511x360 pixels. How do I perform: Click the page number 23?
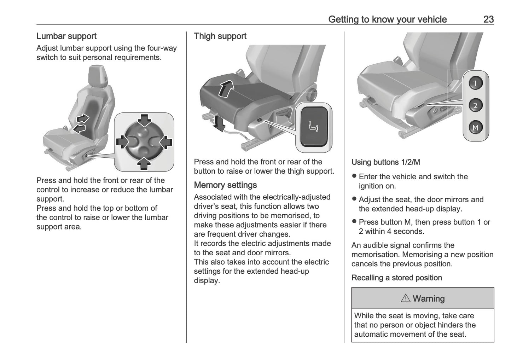(x=488, y=19)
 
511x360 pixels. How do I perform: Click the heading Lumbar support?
(x=66, y=36)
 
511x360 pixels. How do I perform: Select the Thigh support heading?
(x=220, y=36)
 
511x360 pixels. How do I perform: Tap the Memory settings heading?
(x=225, y=185)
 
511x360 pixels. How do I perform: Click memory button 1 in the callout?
(x=475, y=83)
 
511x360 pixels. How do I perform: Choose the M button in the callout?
(x=475, y=128)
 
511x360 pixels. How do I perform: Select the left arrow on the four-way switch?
(x=122, y=142)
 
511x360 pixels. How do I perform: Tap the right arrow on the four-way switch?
(x=166, y=142)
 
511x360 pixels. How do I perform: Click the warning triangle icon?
(x=405, y=298)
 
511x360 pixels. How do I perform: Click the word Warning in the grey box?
(x=429, y=299)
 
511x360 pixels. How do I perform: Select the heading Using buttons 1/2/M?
(x=385, y=162)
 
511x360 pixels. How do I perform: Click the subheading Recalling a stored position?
(x=396, y=278)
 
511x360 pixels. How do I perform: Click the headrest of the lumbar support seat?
(x=98, y=75)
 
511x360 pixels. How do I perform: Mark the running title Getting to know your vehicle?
(x=387, y=19)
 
